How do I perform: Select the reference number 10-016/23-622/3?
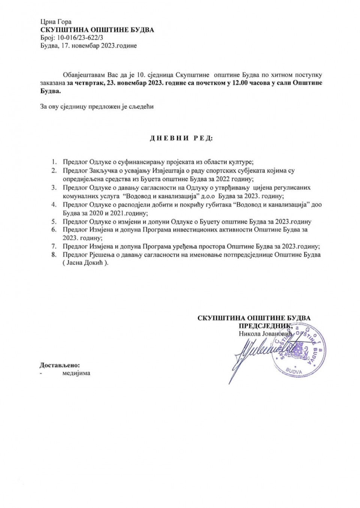(79, 38)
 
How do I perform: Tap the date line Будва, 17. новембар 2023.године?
(88, 46)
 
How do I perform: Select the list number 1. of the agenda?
(54, 162)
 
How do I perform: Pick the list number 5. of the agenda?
(54, 222)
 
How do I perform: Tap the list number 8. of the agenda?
(54, 255)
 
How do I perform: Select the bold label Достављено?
(60, 365)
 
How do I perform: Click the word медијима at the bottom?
(76, 373)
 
